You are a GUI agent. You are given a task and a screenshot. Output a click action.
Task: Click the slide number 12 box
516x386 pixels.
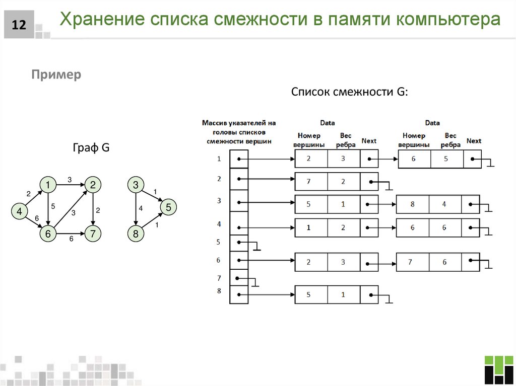(19, 25)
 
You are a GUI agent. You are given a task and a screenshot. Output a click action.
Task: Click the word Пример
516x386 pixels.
(56, 75)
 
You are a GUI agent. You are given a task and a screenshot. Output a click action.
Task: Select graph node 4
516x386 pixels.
(19, 212)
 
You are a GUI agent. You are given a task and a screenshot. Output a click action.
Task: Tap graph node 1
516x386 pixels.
(47, 185)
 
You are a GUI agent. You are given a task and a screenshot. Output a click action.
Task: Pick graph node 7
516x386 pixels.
(93, 234)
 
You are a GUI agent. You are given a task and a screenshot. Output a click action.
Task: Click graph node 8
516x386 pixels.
(136, 234)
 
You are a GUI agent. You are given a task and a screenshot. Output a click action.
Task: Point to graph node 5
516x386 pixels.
(168, 207)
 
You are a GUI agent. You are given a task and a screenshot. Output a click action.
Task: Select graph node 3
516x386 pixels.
(136, 185)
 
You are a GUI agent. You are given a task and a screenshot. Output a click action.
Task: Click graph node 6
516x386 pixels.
(47, 234)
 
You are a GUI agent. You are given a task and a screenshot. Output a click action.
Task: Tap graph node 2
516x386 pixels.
(93, 185)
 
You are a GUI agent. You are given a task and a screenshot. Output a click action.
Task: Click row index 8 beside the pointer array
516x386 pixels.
(219, 290)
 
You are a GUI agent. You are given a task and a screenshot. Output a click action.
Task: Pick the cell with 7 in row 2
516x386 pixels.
(311, 181)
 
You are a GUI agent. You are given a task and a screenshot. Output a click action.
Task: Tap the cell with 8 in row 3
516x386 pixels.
(412, 204)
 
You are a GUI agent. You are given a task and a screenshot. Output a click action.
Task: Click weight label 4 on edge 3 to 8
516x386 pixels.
(141, 208)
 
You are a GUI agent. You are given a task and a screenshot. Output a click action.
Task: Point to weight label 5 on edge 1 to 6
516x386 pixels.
(53, 205)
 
